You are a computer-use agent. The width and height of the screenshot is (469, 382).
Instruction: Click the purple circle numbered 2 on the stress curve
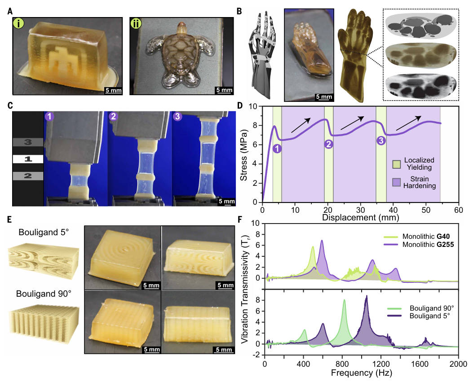tap(328, 144)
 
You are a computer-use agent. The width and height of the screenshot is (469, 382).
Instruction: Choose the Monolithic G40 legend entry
tap(417, 235)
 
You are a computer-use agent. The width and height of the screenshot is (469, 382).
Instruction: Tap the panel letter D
tap(239, 107)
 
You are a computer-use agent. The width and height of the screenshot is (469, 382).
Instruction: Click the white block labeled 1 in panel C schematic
tap(27, 159)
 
